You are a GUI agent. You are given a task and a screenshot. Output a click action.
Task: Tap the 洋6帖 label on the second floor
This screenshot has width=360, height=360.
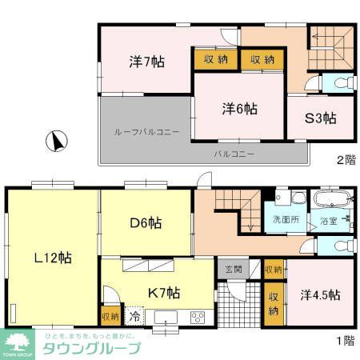click(240, 108)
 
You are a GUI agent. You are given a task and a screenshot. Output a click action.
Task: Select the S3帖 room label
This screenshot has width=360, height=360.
click(320, 118)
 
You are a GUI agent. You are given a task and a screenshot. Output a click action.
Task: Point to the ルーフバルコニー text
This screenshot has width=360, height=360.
click(146, 131)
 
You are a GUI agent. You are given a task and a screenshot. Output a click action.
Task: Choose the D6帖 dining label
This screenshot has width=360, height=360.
click(146, 223)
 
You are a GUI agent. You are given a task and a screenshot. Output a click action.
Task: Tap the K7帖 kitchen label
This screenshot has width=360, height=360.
click(162, 292)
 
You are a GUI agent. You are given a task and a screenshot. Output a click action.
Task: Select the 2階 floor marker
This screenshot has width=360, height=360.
click(346, 160)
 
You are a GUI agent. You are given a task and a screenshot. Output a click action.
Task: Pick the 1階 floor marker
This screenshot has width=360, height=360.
click(346, 340)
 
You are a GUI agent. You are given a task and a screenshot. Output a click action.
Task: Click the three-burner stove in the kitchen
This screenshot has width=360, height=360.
click(197, 318)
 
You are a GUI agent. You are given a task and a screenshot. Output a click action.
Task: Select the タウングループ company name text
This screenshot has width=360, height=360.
click(93, 348)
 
